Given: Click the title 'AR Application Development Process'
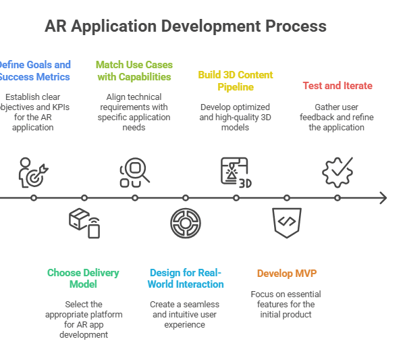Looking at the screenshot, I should pos(186,26).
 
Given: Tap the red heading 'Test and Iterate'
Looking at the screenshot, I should pos(337,86).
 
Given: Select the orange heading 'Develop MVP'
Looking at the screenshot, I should pos(286,274).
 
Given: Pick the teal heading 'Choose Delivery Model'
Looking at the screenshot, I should pos(83,278).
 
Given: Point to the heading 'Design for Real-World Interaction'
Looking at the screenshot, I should pos(185,278).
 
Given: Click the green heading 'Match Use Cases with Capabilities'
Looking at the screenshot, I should pos(134,71).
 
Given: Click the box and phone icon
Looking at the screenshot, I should pos(84,223).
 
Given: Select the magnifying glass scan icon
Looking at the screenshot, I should pos(134,172).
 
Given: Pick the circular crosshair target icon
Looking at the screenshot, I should pos(185,223).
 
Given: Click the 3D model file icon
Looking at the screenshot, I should pos(236,172).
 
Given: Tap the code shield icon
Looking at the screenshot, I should pos(286,222).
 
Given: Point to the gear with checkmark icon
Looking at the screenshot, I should pos(337,172).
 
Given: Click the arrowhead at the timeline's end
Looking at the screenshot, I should pos(383,198).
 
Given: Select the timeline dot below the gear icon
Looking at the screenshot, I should pos(337,198).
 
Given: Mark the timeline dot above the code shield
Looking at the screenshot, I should pos(287,198).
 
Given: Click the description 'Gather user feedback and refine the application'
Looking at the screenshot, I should pos(337,118).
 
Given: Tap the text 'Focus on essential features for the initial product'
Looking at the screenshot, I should pos(286,305).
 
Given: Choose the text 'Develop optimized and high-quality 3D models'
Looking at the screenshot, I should pos(236,118).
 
